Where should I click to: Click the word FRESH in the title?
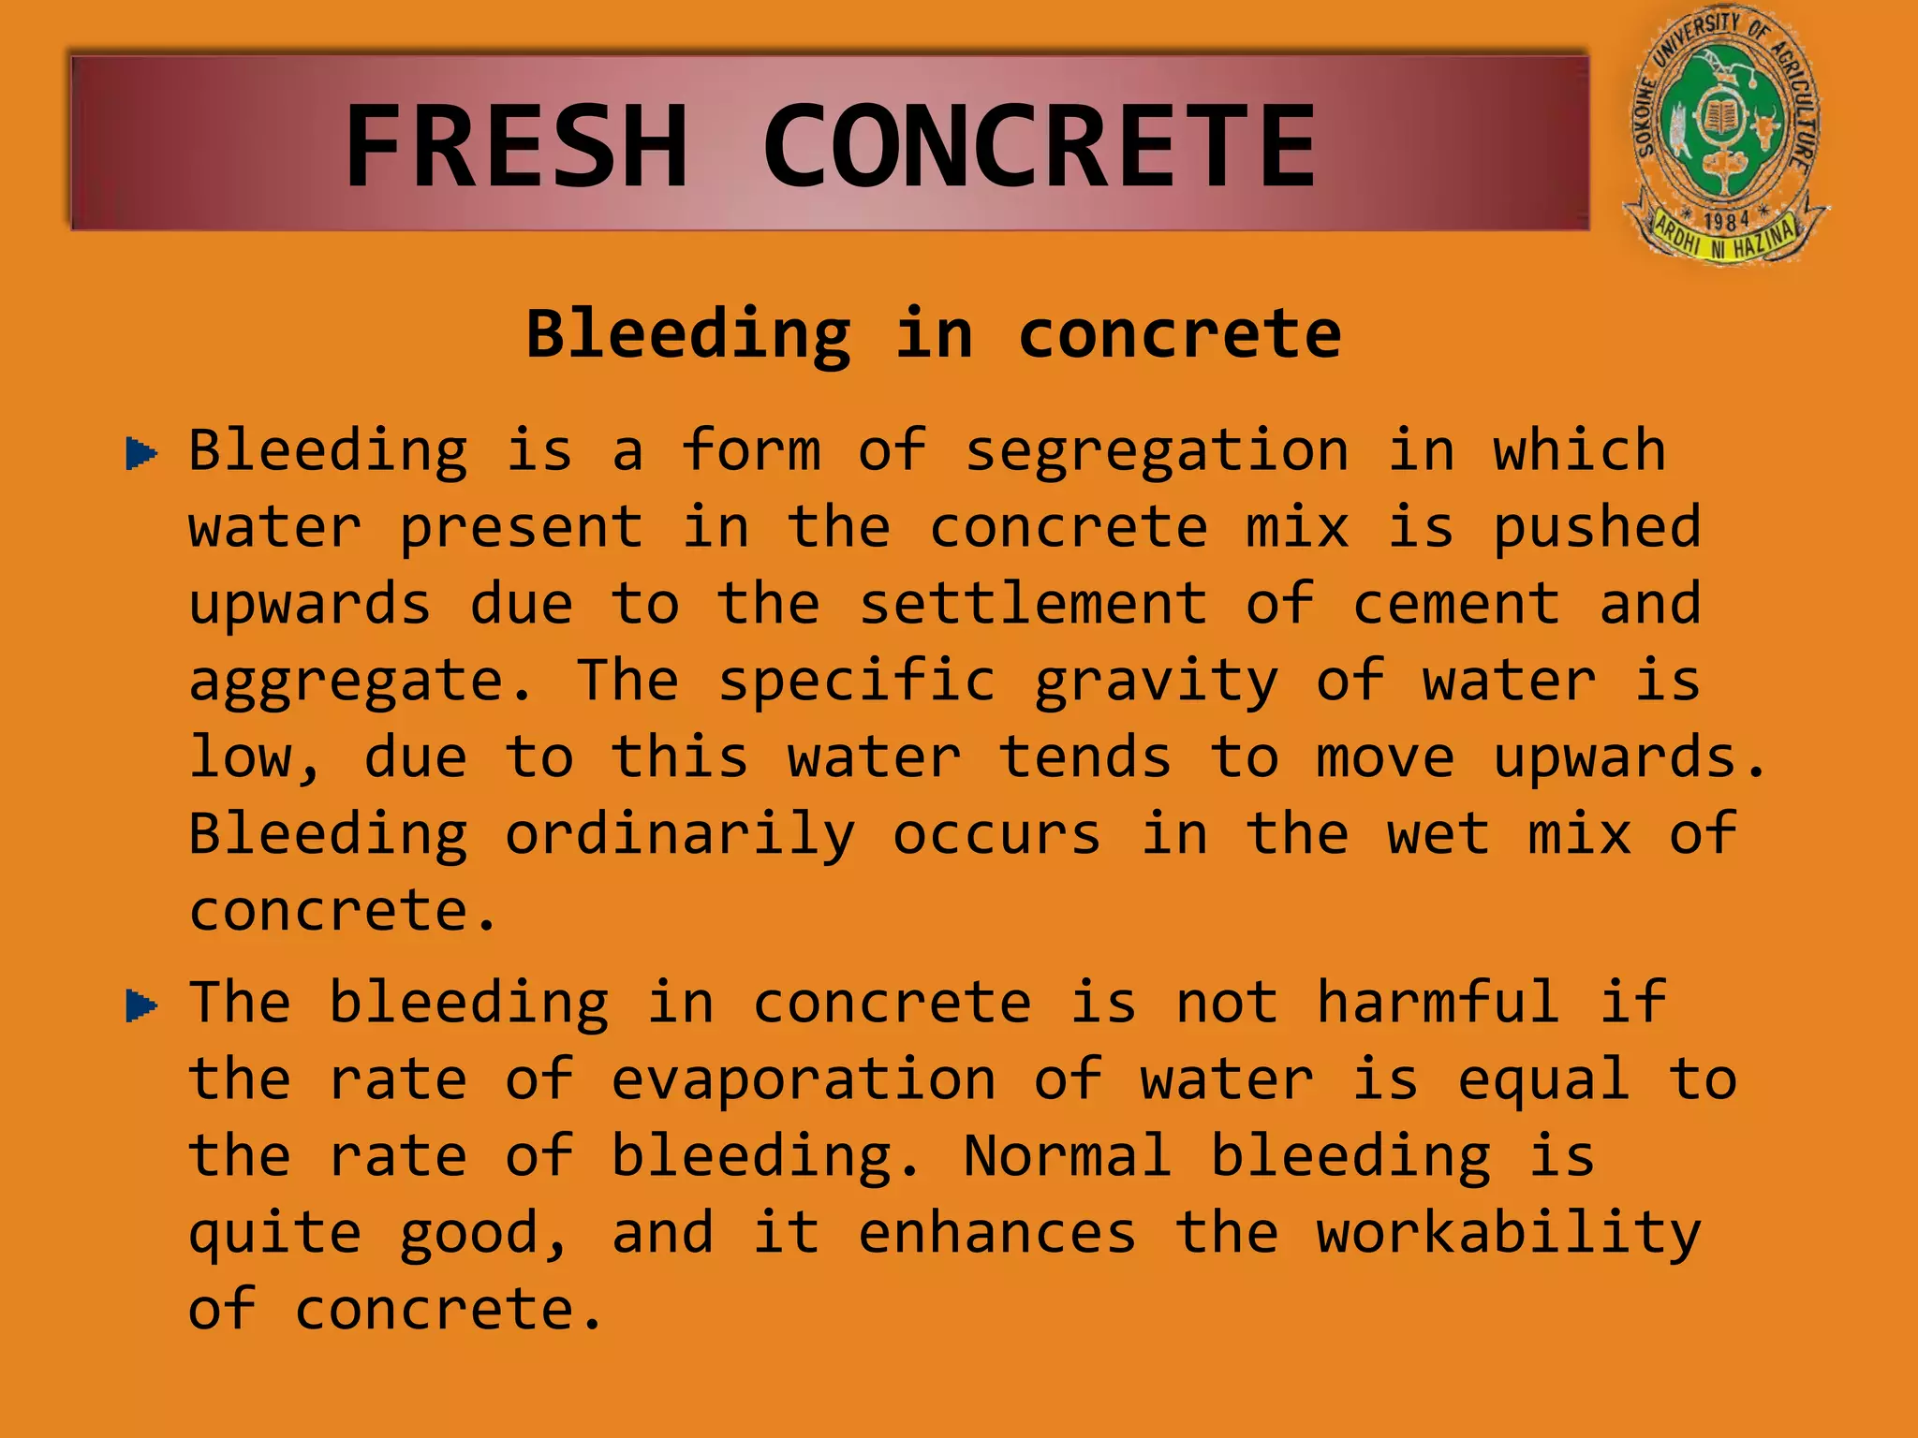[x=517, y=146]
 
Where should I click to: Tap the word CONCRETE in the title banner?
[x=1040, y=146]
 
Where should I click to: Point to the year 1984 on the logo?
[x=1726, y=221]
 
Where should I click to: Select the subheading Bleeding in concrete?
[x=934, y=334]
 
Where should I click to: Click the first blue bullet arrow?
[x=141, y=454]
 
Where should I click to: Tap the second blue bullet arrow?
[x=141, y=1006]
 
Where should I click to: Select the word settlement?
[x=1034, y=604]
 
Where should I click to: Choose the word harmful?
[x=1438, y=1003]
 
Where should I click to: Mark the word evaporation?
[x=804, y=1079]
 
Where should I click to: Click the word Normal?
[x=1068, y=1156]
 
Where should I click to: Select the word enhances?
[x=997, y=1233]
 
